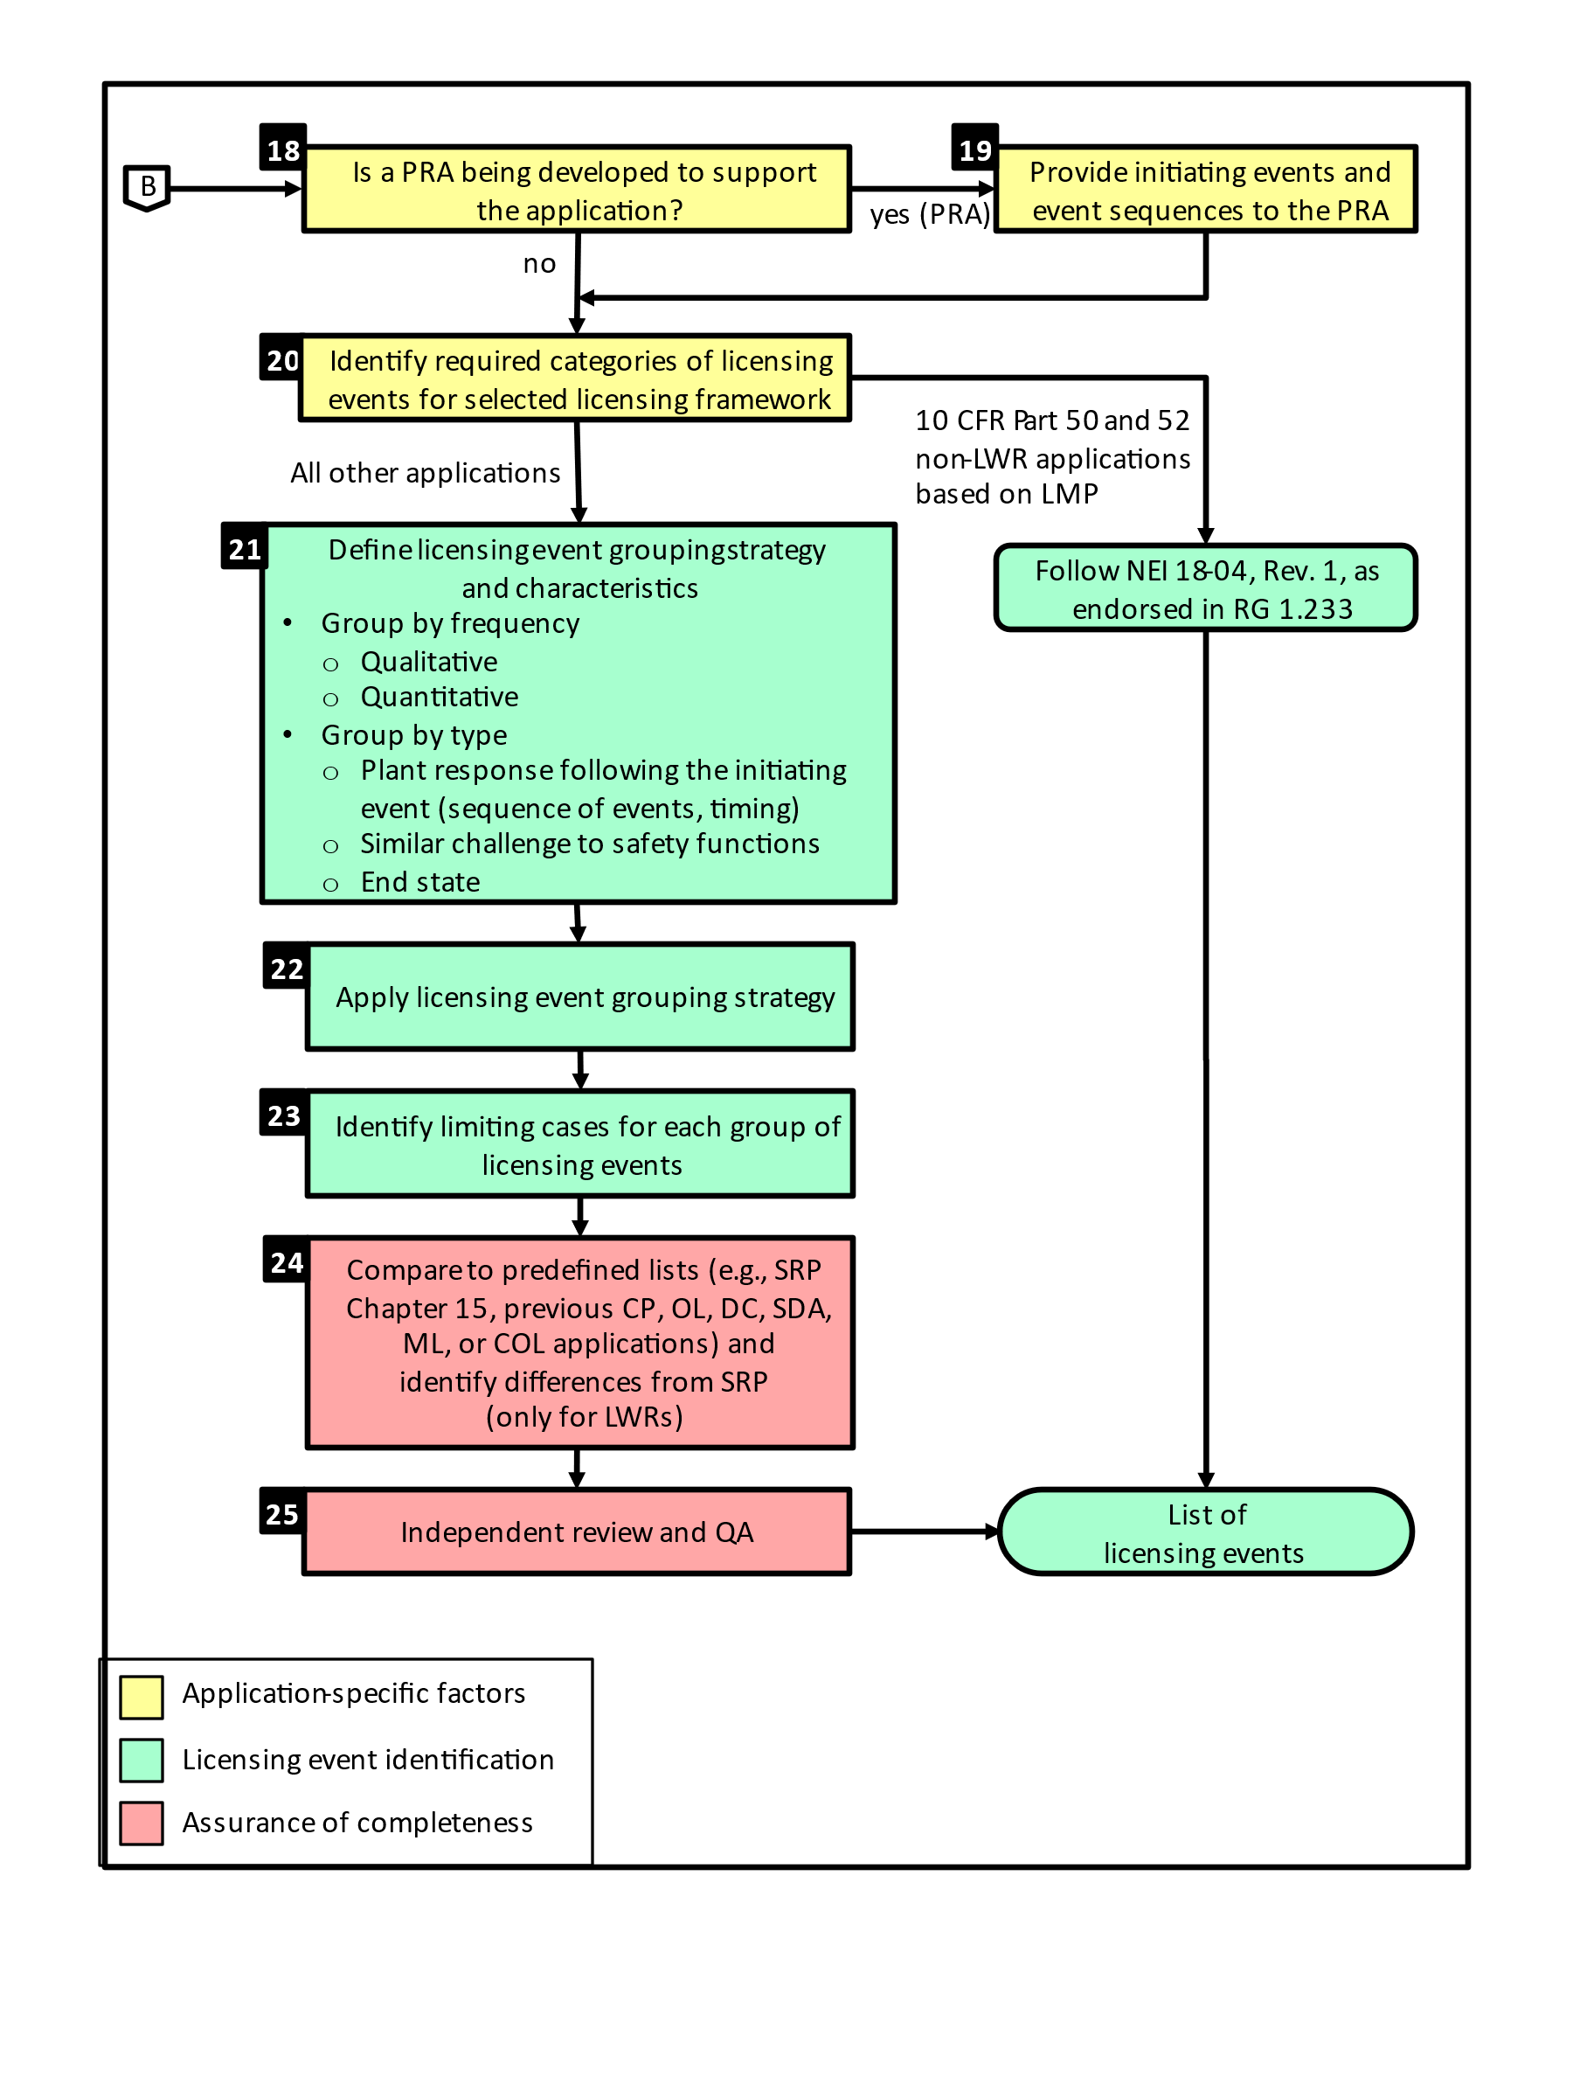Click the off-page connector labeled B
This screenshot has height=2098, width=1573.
147,187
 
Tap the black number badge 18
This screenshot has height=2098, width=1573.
282,149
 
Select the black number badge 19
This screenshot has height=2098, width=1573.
974,149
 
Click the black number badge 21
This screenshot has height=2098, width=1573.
244,548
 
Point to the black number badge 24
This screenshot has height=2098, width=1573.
287,1261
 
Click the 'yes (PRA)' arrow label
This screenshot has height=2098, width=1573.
929,214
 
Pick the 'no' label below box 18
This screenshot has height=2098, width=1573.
538,264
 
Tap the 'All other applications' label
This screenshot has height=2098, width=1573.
425,472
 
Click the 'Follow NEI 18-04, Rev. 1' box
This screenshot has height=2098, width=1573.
1204,588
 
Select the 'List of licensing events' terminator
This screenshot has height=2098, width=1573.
1204,1532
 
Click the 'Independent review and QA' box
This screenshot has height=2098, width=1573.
577,1532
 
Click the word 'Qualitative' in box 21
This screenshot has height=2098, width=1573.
428,661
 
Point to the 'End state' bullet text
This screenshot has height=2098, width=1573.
420,882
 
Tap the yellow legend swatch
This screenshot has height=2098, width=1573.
142,1697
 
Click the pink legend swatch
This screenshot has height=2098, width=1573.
142,1823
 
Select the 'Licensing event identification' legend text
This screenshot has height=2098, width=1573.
368,1760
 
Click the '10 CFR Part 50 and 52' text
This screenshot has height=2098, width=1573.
1051,420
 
